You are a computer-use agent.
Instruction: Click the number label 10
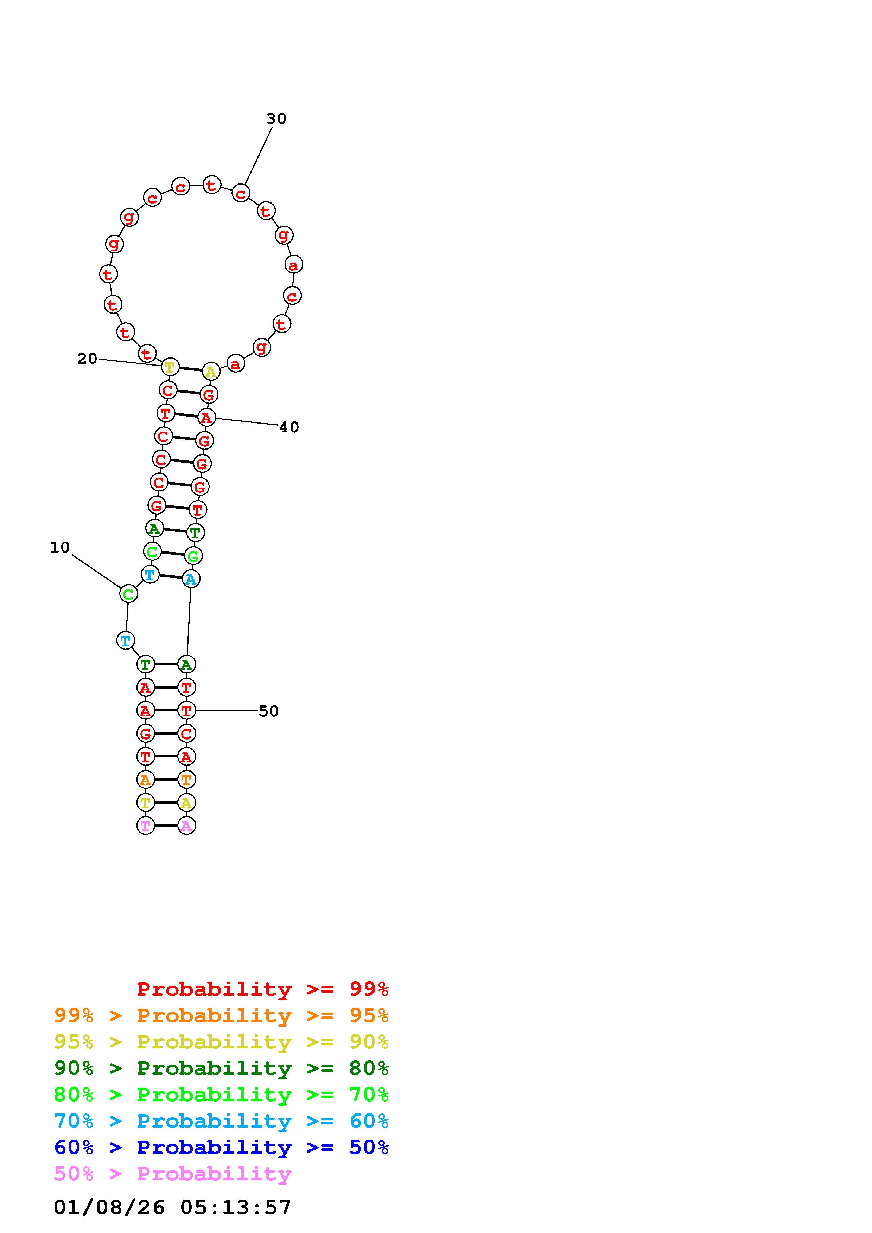click(x=60, y=547)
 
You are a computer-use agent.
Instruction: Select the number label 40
click(x=289, y=427)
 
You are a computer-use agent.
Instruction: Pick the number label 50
click(x=269, y=711)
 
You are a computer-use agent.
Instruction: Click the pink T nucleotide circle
click(x=146, y=825)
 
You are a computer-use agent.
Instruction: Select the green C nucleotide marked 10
click(x=128, y=594)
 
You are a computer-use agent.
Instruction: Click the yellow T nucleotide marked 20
click(x=170, y=367)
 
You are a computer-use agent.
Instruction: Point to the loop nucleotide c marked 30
click(x=241, y=193)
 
